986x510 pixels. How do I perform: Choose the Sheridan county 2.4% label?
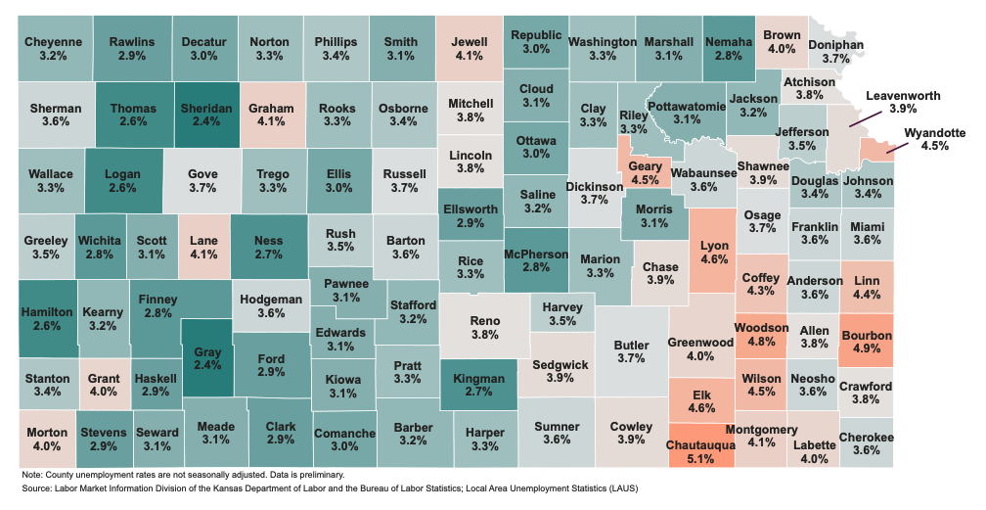(206, 123)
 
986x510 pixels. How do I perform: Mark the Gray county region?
(207, 358)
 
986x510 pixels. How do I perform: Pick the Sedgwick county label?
(560, 365)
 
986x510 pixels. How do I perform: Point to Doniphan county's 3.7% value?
(835, 60)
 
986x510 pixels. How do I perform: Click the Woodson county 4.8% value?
(761, 343)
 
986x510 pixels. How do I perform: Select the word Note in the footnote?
(32, 475)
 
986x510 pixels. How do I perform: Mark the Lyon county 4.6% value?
(714, 261)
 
